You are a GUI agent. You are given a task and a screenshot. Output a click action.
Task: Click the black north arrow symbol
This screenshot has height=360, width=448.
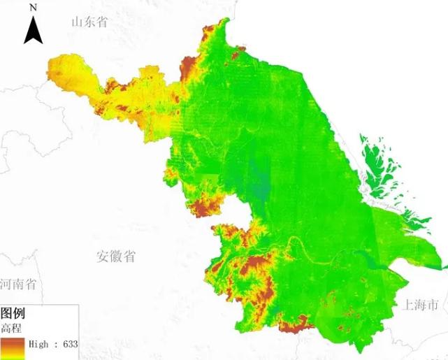click(x=33, y=30)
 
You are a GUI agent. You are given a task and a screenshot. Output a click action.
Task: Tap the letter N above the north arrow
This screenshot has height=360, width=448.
click(x=33, y=7)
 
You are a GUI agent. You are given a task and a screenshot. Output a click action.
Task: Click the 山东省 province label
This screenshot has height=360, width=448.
click(x=89, y=22)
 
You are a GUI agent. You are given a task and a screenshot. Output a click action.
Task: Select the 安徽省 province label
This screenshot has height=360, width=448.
click(x=116, y=257)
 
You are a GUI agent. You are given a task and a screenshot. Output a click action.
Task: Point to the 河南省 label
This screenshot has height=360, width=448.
click(x=18, y=285)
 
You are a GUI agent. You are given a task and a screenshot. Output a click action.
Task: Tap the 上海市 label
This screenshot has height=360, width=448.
click(x=420, y=305)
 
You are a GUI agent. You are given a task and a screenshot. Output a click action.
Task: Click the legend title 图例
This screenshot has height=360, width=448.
click(x=14, y=313)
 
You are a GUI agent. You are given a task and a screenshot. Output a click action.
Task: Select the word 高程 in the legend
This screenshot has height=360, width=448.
click(x=12, y=328)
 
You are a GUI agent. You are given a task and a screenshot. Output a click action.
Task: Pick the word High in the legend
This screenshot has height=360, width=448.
click(x=39, y=344)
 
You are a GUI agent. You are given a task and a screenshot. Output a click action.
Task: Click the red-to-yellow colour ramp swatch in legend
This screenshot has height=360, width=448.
click(x=12, y=347)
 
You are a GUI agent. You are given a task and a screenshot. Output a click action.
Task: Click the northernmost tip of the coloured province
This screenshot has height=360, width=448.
click(x=225, y=20)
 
